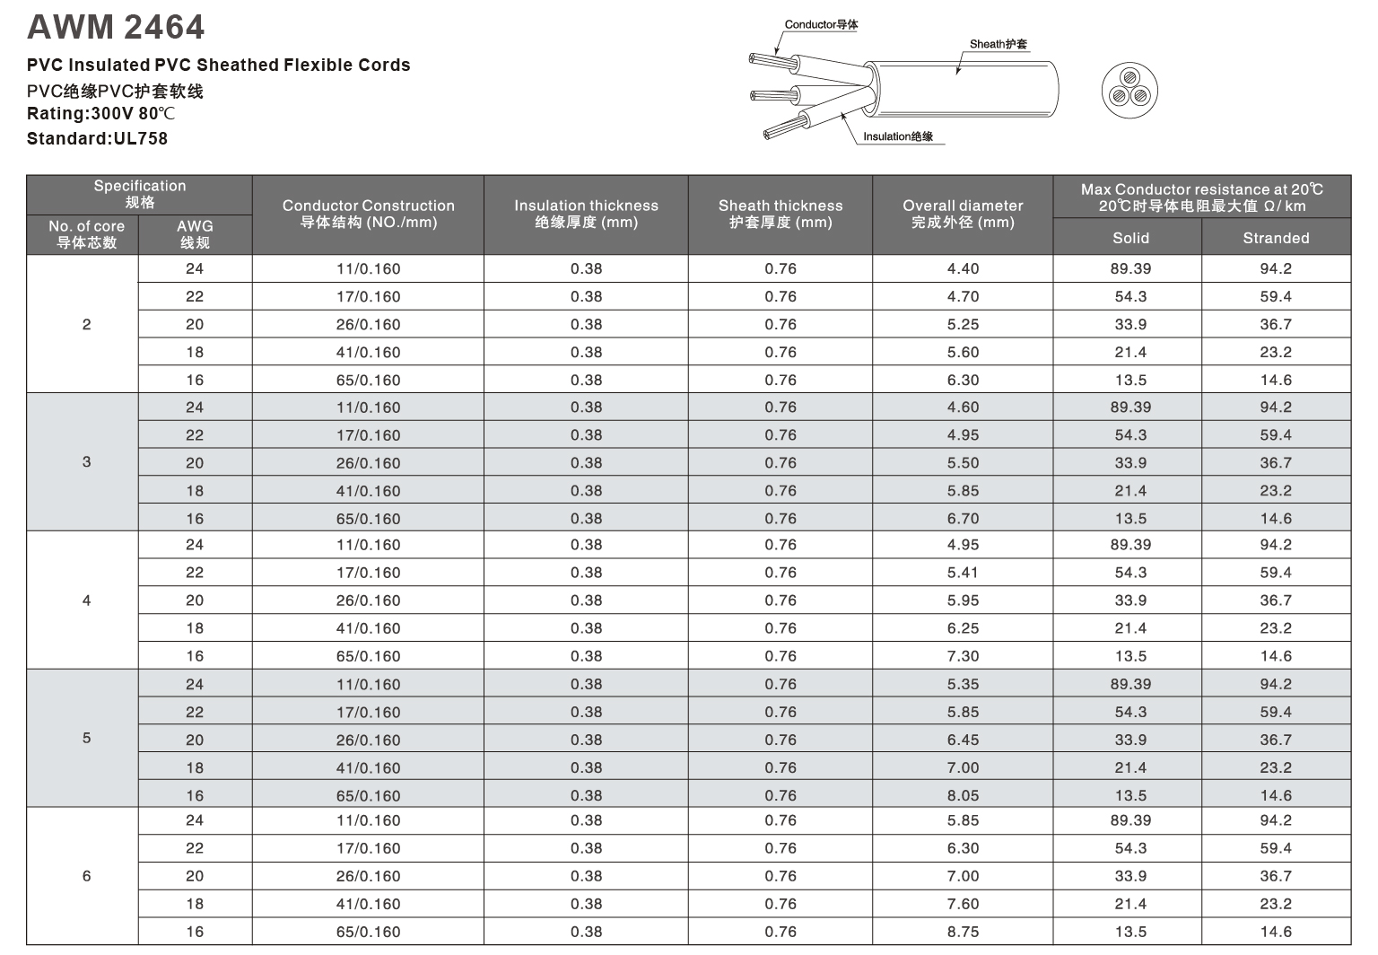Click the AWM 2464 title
tap(116, 27)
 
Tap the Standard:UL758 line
tap(97, 138)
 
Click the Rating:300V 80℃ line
tap(100, 114)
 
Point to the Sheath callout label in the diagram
tap(998, 44)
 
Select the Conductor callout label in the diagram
tap(821, 24)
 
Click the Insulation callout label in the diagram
tap(897, 136)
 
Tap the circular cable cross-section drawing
tap(1129, 91)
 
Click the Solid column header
tap(1130, 238)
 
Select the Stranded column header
tap(1276, 238)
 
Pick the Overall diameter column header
tap(963, 214)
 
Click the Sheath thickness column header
tap(781, 214)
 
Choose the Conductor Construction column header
tap(368, 214)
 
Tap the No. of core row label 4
tap(86, 600)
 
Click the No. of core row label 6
tap(86, 876)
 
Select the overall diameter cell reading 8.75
tap(963, 932)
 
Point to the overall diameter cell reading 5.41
tap(963, 573)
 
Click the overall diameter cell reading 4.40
tap(963, 268)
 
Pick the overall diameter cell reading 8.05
tap(963, 795)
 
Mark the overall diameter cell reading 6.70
tap(963, 519)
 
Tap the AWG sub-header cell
tap(195, 234)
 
